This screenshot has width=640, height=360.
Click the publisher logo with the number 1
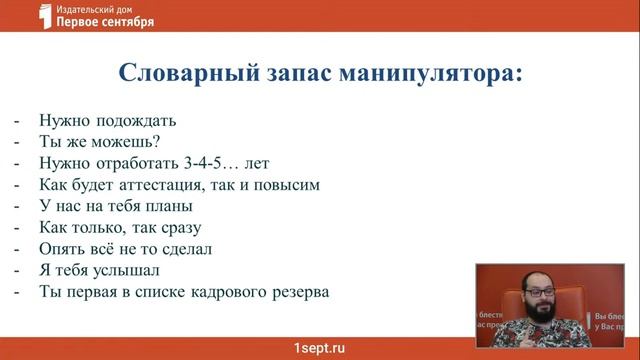coord(42,17)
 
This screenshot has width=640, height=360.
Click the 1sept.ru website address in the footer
coord(319,346)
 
